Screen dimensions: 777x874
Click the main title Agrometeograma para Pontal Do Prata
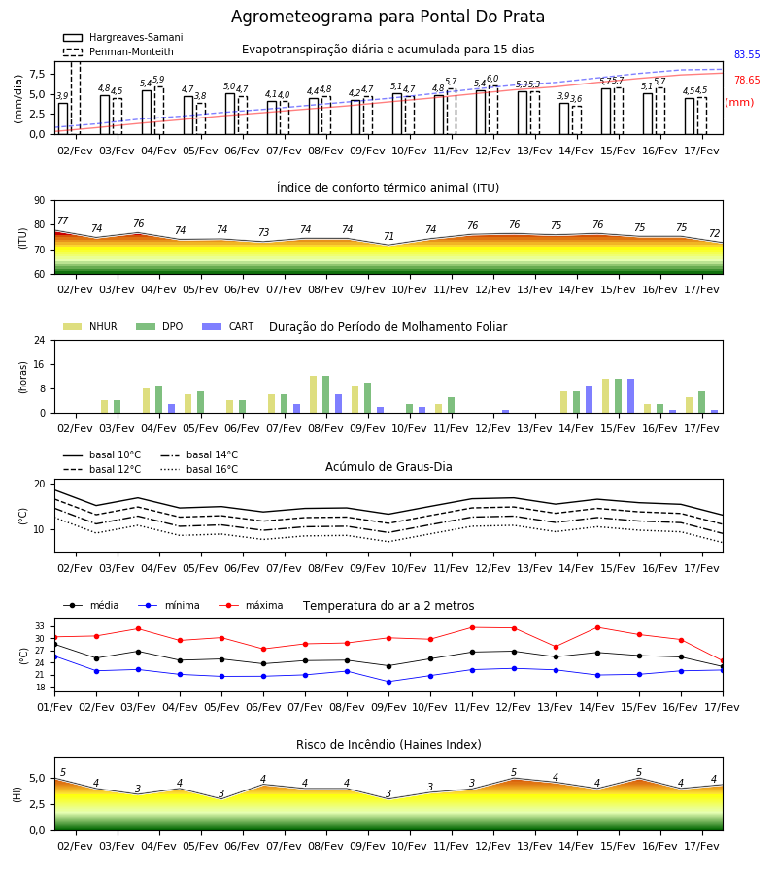388,17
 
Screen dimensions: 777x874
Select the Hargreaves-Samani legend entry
123,37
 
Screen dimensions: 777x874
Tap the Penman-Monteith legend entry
118,51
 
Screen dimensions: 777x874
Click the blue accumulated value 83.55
747,54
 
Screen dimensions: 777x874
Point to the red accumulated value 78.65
747,80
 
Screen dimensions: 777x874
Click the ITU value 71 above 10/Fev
388,236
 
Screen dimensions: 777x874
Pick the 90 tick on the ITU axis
40,201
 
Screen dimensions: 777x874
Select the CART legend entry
228,326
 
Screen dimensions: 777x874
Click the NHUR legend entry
90,326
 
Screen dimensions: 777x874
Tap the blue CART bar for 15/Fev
631,396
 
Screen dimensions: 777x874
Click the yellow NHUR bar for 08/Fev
314,394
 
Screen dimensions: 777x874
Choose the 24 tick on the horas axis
40,340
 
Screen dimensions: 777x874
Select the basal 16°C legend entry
199,469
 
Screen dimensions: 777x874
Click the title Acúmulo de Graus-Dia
388,466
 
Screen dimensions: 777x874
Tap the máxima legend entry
251,605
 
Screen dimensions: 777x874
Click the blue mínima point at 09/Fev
389,682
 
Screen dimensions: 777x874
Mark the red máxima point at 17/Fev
723,661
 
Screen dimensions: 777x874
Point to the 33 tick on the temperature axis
40,626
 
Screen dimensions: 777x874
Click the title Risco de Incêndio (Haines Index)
388,744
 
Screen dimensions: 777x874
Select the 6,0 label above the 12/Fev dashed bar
492,79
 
